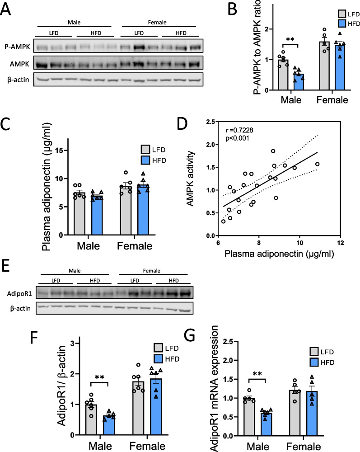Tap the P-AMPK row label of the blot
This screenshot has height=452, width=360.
coord(16,47)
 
